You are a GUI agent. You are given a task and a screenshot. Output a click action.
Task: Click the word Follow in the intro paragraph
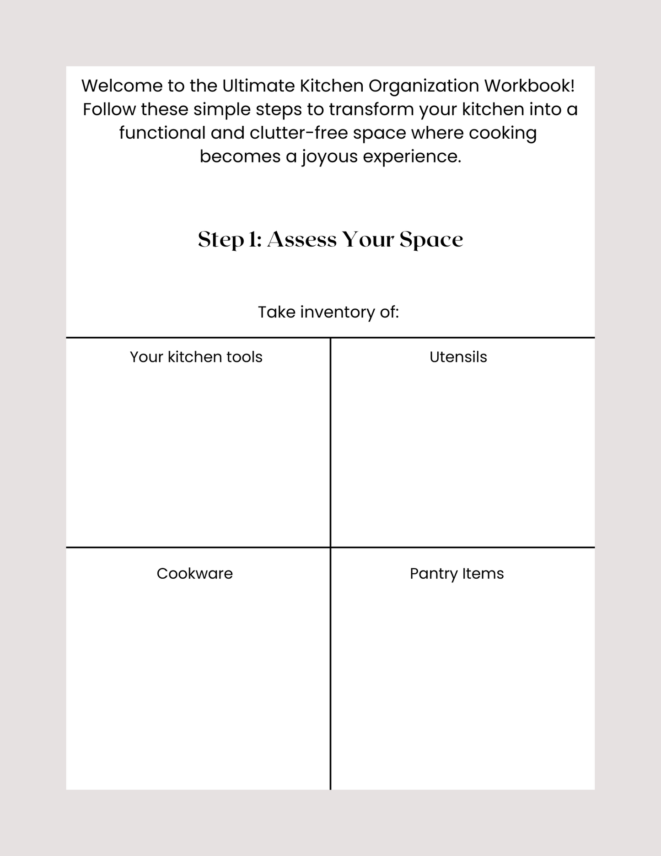[x=109, y=109]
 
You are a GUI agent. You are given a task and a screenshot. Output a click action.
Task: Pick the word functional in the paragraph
[x=162, y=133]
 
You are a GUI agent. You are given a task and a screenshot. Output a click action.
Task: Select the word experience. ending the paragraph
[x=412, y=157]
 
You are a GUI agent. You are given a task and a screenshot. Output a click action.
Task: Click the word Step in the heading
[x=220, y=240]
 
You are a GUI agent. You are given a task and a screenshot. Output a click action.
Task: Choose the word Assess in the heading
[x=301, y=239]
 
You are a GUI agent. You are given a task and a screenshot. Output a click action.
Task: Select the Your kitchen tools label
[x=196, y=357]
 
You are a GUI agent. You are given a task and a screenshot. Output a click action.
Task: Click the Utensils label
[x=458, y=357]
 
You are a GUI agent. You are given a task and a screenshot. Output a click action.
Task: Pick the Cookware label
[x=194, y=573]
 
